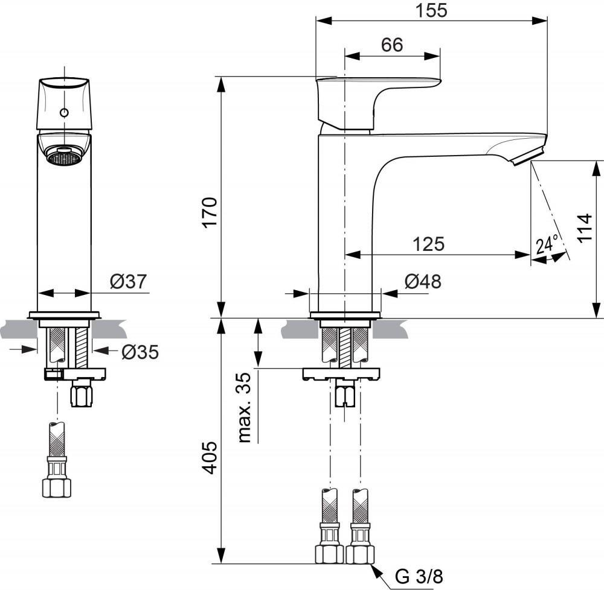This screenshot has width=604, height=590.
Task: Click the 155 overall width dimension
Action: [x=431, y=10]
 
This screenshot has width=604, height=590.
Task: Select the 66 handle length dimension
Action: [x=392, y=45]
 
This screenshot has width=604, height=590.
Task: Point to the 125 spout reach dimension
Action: [x=429, y=244]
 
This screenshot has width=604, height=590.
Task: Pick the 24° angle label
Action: [x=547, y=245]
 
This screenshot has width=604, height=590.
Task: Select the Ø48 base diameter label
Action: [x=423, y=281]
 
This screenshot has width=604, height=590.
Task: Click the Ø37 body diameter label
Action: [x=129, y=281]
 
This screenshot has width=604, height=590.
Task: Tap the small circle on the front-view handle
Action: [x=64, y=113]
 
